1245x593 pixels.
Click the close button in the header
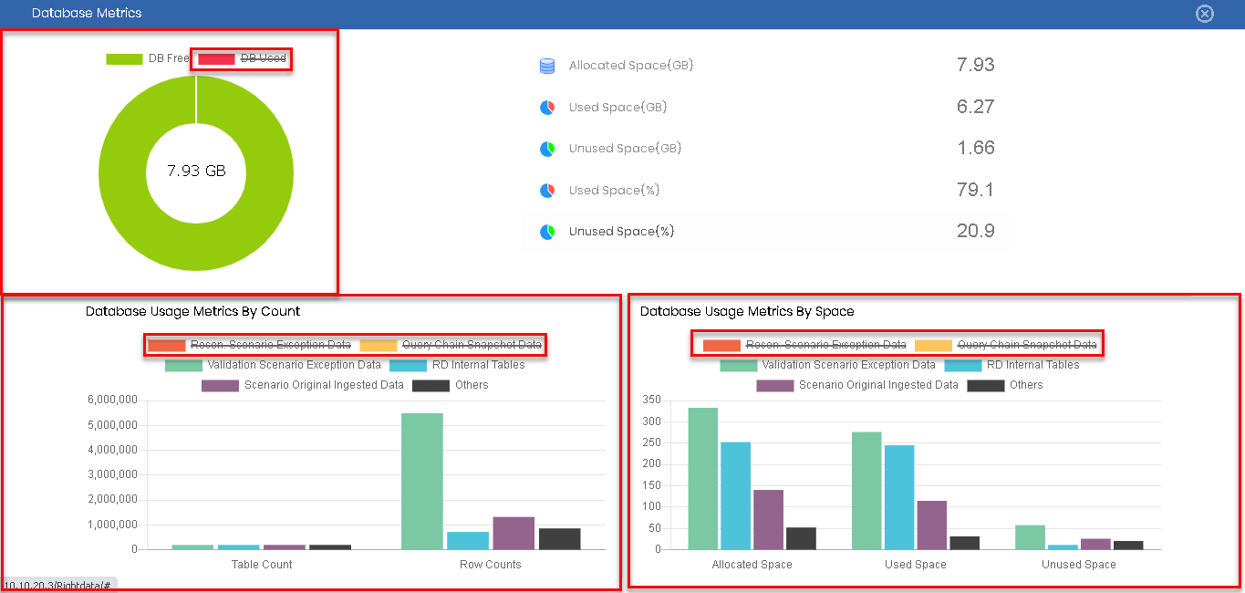[x=1205, y=14]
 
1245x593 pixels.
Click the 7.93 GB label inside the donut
[x=196, y=171]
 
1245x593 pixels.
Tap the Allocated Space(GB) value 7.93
[x=975, y=65]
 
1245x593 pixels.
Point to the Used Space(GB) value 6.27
[x=975, y=107]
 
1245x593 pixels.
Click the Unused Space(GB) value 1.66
[x=975, y=148]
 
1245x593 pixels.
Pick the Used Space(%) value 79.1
[x=975, y=190]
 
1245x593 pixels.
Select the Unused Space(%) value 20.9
[x=975, y=231]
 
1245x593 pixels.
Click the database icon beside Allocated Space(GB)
[x=547, y=66]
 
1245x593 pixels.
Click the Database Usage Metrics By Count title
[x=192, y=311]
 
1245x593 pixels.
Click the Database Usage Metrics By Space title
[x=747, y=311]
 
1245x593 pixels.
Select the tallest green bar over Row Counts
[x=422, y=481]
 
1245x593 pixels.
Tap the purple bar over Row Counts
[x=514, y=533]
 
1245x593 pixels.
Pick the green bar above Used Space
[x=866, y=490]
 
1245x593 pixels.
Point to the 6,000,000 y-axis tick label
[x=112, y=401]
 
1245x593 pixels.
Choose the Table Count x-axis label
[x=262, y=565]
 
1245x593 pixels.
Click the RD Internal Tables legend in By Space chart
[x=1012, y=365]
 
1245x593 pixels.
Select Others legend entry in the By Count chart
[x=451, y=385]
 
